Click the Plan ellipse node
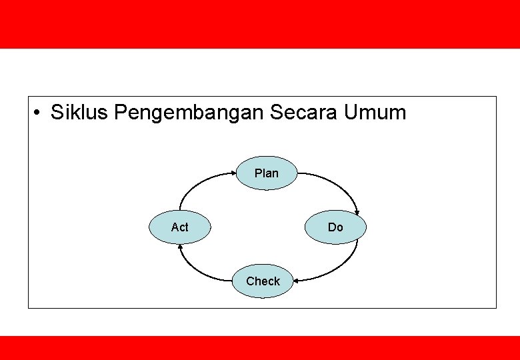(x=267, y=173)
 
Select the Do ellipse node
(x=335, y=227)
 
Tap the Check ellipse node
(x=263, y=281)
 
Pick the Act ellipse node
(x=180, y=227)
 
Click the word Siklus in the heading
(x=80, y=113)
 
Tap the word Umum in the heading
(x=375, y=113)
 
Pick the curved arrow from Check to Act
(x=197, y=267)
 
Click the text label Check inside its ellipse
(x=263, y=281)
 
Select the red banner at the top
(x=260, y=24)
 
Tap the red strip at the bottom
(x=260, y=348)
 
